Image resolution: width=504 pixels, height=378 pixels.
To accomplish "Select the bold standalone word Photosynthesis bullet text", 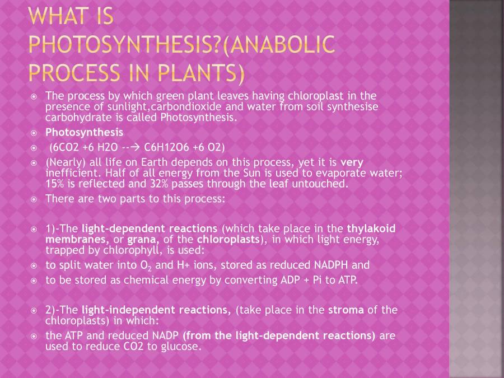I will pyautogui.click(x=84, y=133).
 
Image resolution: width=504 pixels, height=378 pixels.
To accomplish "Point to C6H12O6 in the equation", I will pyautogui.click(x=166, y=147).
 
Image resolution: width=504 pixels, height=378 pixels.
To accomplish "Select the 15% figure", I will pyautogui.click(x=55, y=184).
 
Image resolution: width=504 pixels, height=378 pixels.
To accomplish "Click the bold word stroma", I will pyautogui.click(x=346, y=310).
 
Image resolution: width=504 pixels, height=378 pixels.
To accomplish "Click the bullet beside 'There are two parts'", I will pyautogui.click(x=34, y=199).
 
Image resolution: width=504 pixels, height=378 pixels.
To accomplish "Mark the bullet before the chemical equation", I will pyautogui.click(x=34, y=148).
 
